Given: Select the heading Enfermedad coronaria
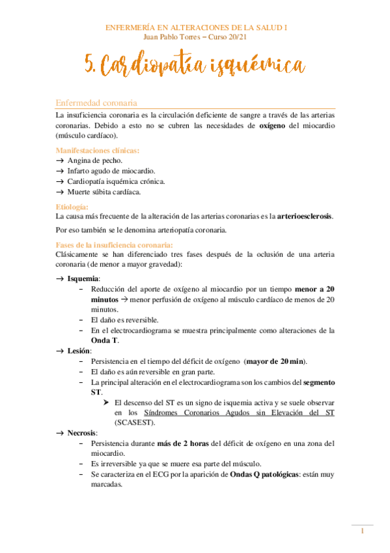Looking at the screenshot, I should tap(96, 103).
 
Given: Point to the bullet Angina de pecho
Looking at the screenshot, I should tap(94, 160).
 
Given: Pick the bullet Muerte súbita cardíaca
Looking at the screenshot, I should tap(104, 192).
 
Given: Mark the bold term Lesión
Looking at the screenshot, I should tap(79, 351).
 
